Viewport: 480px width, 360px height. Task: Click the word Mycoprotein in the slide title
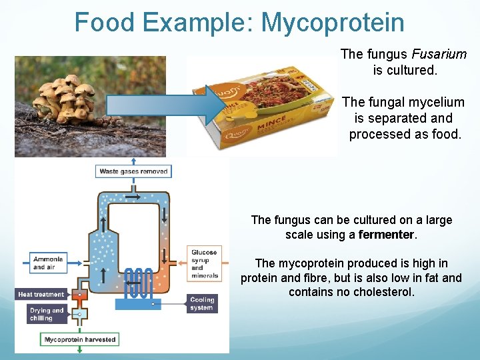pos(332,23)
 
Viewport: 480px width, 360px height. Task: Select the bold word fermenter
pos(387,235)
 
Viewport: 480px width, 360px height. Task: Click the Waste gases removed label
pos(134,171)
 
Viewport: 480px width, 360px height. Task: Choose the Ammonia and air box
pos(47,263)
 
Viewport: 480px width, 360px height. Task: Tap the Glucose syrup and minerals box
pos(204,264)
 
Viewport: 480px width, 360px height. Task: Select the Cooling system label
pos(202,303)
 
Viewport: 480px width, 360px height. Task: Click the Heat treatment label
pos(41,294)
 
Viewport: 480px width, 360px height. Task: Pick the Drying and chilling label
pos(47,314)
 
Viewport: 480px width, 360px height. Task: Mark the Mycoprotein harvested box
pos(80,339)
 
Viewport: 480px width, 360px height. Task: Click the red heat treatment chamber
pos(80,295)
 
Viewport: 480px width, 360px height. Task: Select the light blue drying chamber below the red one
pos(79,314)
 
